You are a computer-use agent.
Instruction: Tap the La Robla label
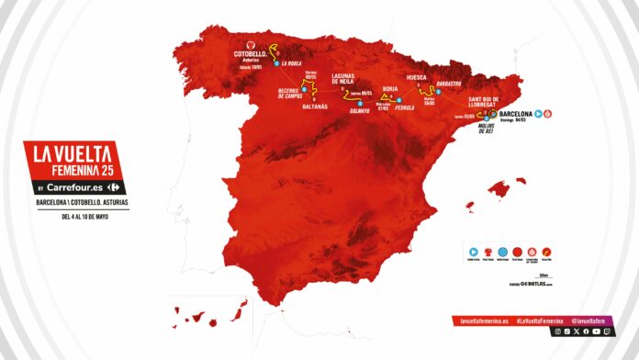293,65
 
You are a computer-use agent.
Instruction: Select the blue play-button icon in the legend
475,250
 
